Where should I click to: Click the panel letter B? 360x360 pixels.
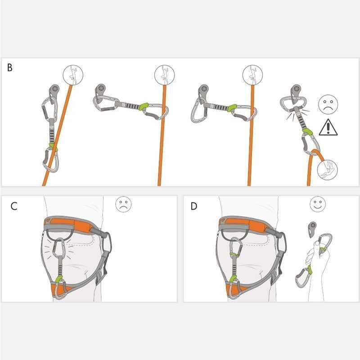tap(9, 67)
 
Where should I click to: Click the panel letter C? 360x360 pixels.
tap(14, 206)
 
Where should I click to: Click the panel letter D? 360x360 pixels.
tap(194, 206)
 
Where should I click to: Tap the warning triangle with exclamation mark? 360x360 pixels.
tap(328, 127)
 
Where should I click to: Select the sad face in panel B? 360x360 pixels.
tap(328, 104)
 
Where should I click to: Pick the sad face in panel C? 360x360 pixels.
tap(123, 204)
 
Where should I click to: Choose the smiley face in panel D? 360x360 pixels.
tap(318, 204)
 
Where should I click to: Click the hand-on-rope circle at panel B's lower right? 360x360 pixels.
tap(327, 170)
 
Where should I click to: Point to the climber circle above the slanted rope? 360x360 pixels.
tap(73, 75)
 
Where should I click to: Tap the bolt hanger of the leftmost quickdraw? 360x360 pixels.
tap(54, 91)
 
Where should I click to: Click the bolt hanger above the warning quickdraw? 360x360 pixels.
tap(296, 93)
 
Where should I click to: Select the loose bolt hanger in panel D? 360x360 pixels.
tap(312, 229)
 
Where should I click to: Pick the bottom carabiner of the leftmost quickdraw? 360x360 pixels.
tap(51, 160)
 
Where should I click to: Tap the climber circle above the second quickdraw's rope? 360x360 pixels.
tap(164, 75)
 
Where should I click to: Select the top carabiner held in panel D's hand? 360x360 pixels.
tap(324, 244)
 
